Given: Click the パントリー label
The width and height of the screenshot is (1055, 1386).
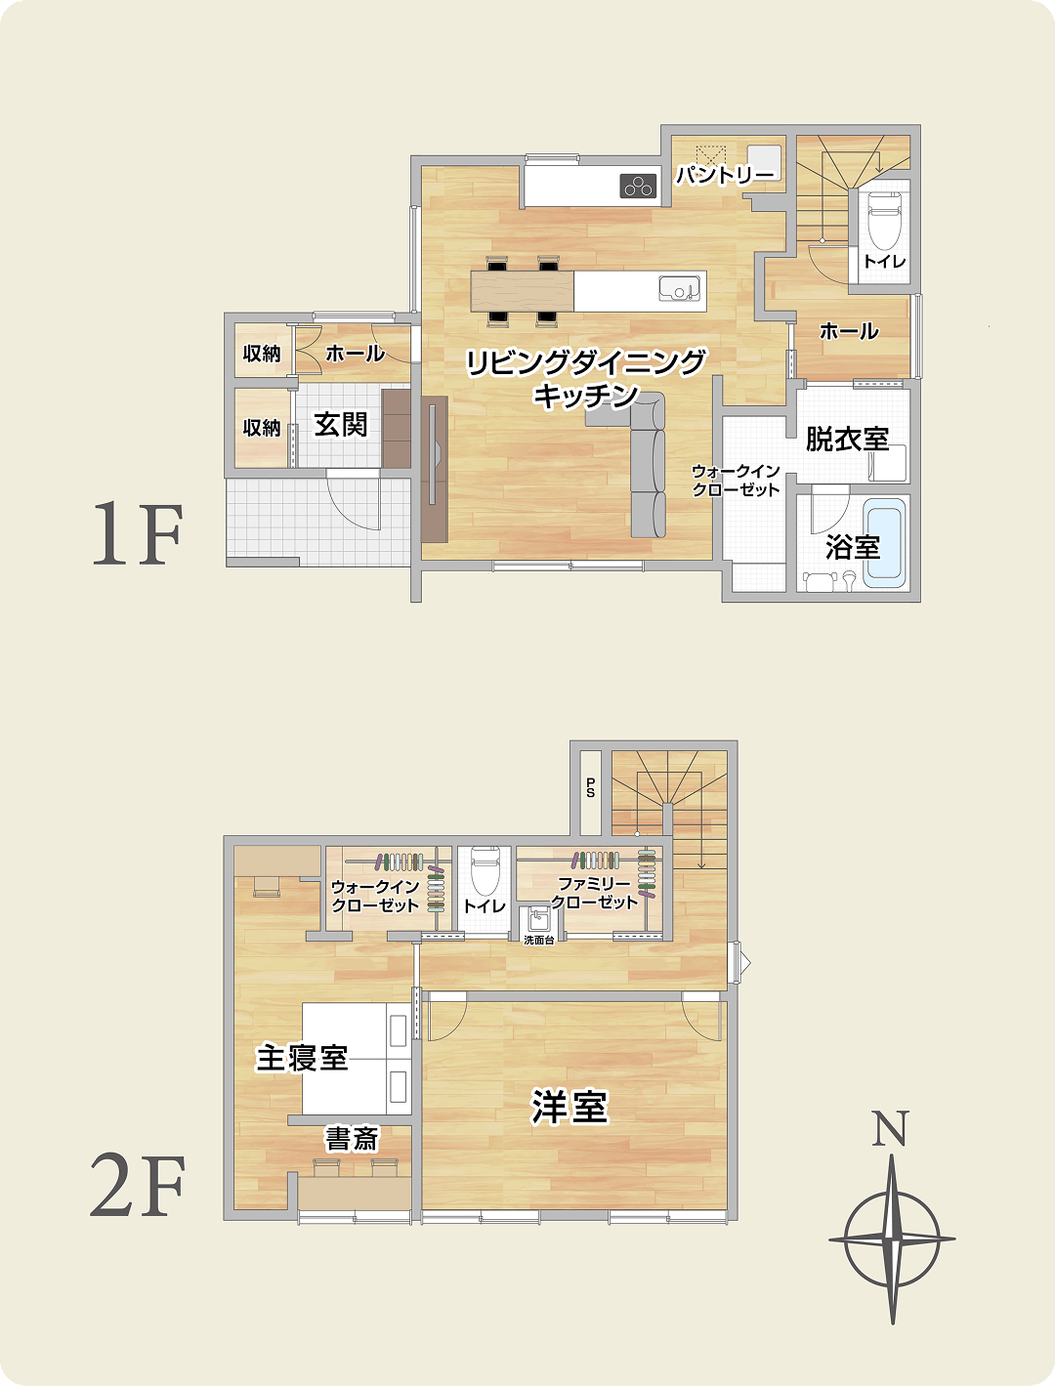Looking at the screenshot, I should [x=725, y=176].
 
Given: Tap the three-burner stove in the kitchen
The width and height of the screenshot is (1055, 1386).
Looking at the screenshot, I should [x=638, y=186].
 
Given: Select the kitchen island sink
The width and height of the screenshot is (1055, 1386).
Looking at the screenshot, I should [x=679, y=289].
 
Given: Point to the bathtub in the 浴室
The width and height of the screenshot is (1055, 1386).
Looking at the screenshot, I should [x=886, y=543].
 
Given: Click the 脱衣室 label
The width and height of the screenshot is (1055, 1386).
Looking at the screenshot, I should [x=847, y=440].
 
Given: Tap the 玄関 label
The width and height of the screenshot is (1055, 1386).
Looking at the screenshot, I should [x=341, y=425].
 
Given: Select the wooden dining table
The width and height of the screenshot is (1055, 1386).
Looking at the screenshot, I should [x=523, y=291].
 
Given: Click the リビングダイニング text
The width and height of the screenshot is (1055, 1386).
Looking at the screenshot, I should [x=585, y=363].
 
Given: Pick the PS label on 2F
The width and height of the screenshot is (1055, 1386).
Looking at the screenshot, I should [x=590, y=788].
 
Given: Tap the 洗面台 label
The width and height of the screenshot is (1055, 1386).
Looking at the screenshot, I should [x=538, y=940].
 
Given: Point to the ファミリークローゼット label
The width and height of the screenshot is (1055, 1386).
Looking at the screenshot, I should [x=594, y=893].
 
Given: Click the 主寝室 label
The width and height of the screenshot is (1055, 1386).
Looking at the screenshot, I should [x=302, y=1058].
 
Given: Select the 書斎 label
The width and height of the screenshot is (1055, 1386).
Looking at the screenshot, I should [x=352, y=1139].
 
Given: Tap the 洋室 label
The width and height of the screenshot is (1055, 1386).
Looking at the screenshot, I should [x=570, y=1108].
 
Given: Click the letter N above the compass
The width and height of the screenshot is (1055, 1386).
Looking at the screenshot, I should [x=890, y=1129].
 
